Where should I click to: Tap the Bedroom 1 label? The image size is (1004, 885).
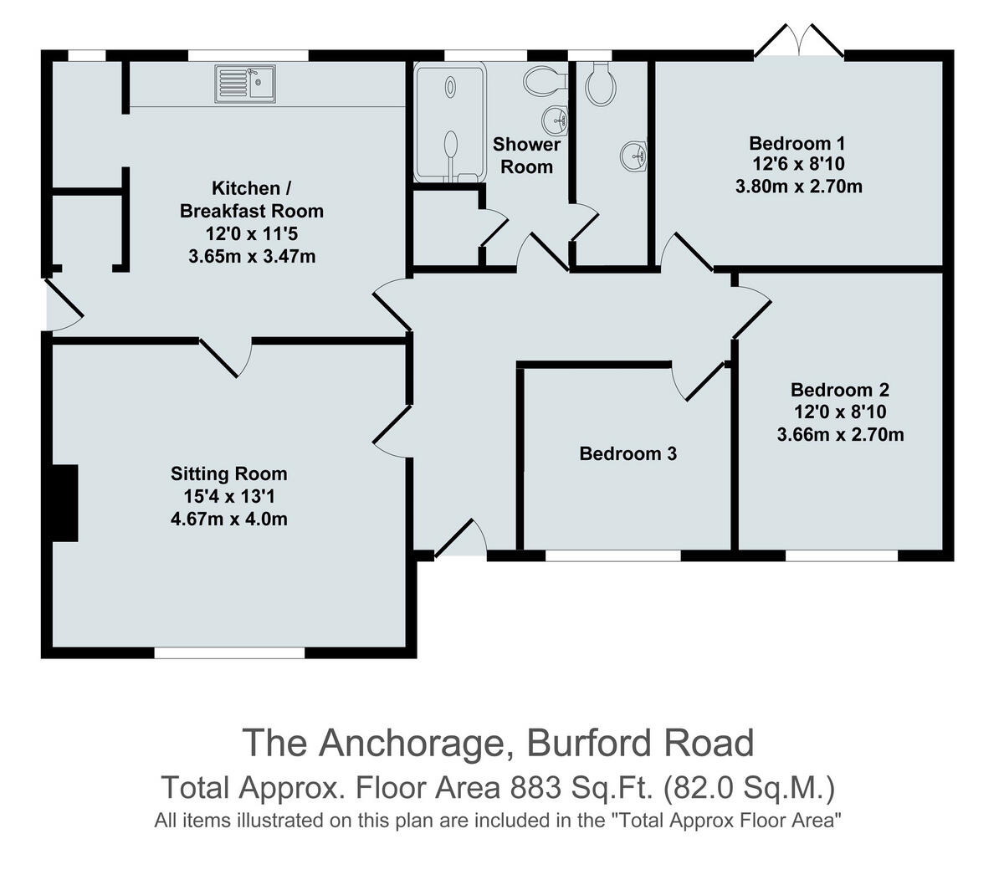(x=797, y=142)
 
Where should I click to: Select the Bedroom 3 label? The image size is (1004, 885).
(x=627, y=454)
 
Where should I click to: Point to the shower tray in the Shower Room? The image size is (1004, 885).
(x=450, y=122)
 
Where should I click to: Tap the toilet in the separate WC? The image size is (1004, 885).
(x=601, y=84)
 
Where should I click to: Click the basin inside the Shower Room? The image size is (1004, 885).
(x=556, y=120)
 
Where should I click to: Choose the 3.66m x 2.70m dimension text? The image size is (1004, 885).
(x=840, y=435)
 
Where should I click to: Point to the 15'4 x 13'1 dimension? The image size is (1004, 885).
(x=228, y=497)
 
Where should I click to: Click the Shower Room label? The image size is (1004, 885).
(x=526, y=156)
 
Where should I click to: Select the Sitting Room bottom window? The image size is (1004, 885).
(x=229, y=653)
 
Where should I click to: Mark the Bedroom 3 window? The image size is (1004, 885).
(x=612, y=555)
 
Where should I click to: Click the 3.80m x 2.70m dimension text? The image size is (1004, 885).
(x=797, y=187)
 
